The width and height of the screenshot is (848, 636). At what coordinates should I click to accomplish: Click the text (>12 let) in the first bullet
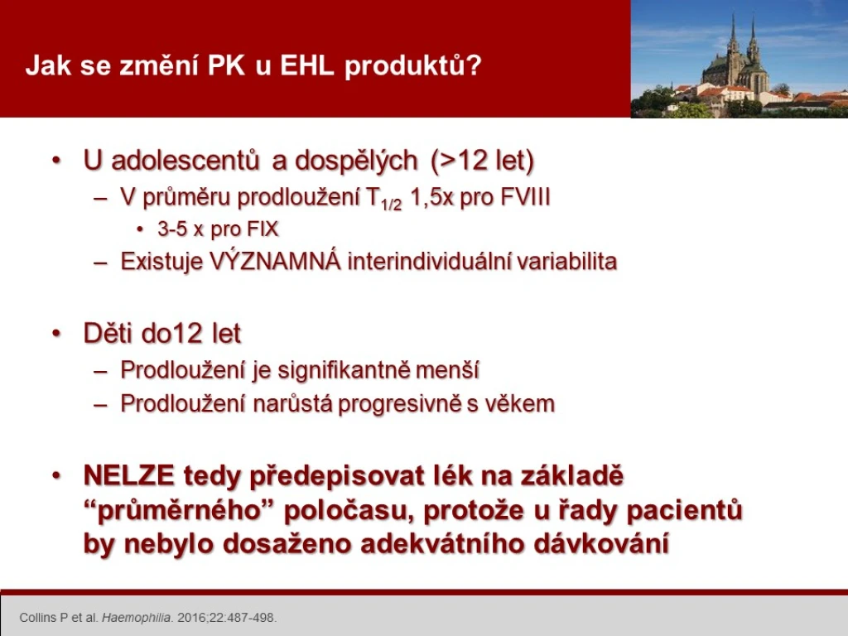click(x=483, y=161)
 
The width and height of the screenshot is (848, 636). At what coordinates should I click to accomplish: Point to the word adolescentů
click(x=171, y=161)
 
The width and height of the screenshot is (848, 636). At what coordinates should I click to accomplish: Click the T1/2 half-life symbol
click(x=383, y=199)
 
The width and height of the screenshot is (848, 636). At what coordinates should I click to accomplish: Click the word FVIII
click(x=525, y=197)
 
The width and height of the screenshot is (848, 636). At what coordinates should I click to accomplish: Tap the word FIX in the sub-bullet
click(x=263, y=229)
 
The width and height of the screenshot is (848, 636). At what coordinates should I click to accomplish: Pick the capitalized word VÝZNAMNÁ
click(x=275, y=261)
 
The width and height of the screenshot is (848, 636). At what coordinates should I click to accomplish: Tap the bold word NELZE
click(x=128, y=476)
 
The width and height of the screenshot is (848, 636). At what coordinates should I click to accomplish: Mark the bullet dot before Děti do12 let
click(x=57, y=334)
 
